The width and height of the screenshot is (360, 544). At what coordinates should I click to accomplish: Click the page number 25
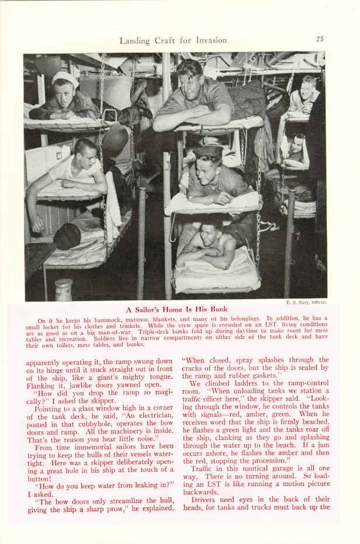pyautogui.click(x=320, y=39)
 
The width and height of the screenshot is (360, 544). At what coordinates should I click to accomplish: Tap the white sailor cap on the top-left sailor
pyautogui.click(x=65, y=79)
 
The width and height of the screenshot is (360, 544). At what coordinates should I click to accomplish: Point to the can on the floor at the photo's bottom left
pyautogui.click(x=64, y=290)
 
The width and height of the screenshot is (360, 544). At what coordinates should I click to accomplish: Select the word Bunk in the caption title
pyautogui.click(x=216, y=309)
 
